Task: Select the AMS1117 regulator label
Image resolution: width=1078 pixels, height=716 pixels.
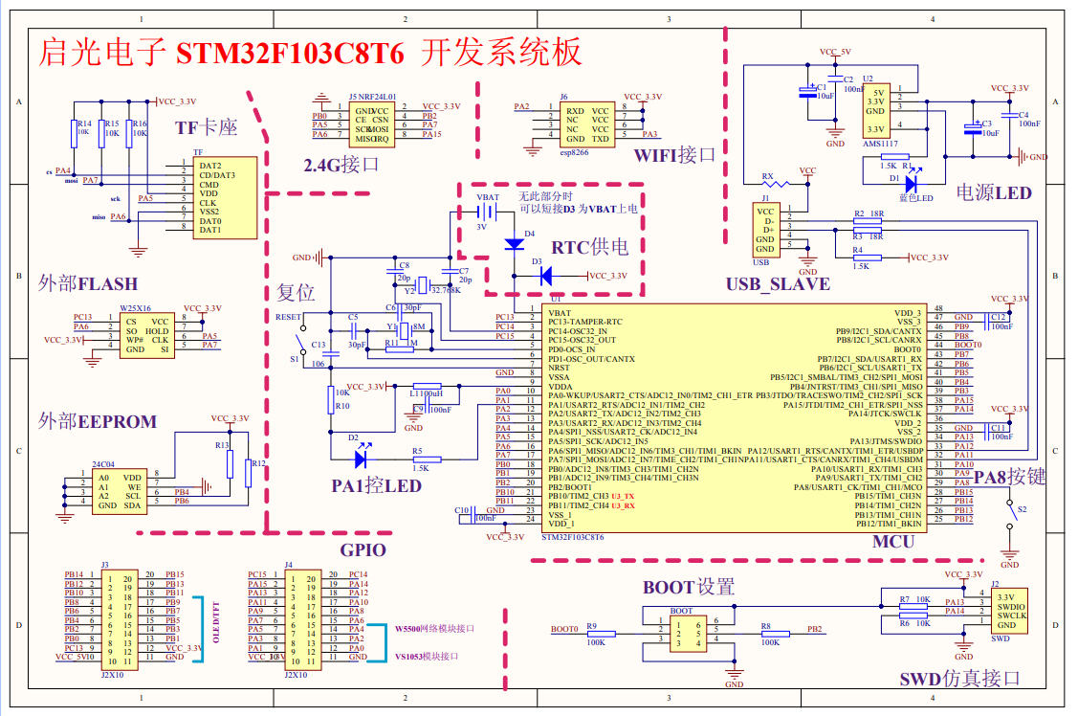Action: click(880, 143)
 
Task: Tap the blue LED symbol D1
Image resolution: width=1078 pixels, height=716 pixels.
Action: click(912, 179)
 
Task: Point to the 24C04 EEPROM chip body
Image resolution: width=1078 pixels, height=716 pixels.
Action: click(119, 490)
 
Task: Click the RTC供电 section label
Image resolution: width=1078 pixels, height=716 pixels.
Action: click(590, 247)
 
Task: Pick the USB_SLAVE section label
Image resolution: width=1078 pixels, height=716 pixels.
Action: click(778, 284)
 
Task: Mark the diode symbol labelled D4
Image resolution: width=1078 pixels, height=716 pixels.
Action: click(514, 244)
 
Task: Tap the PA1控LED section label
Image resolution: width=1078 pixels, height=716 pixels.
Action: click(376, 485)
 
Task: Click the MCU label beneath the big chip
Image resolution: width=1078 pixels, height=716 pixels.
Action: click(893, 542)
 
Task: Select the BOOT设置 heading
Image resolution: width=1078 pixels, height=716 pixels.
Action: click(689, 587)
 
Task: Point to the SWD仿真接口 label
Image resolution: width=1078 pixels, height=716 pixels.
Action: click(959, 679)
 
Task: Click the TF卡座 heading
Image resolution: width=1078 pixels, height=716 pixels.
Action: click(206, 127)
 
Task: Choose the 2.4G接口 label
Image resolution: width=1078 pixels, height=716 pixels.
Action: click(341, 165)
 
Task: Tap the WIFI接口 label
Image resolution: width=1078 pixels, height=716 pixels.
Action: click(674, 155)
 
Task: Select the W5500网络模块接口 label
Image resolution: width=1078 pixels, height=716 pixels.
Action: click(434, 629)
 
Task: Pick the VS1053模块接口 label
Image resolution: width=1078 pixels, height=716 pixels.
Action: click(426, 657)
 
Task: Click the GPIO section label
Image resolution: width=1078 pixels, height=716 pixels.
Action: click(363, 549)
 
